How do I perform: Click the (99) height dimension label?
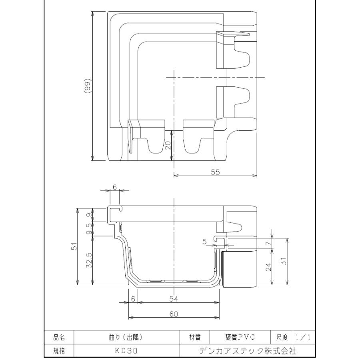88,86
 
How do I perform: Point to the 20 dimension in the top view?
168,145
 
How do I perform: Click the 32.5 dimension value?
89,260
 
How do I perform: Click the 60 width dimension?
173,314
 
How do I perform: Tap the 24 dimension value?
268,266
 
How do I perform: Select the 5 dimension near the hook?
204,242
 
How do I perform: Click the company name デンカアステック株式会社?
248,351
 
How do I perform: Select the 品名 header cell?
59,337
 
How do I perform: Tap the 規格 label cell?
59,351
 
